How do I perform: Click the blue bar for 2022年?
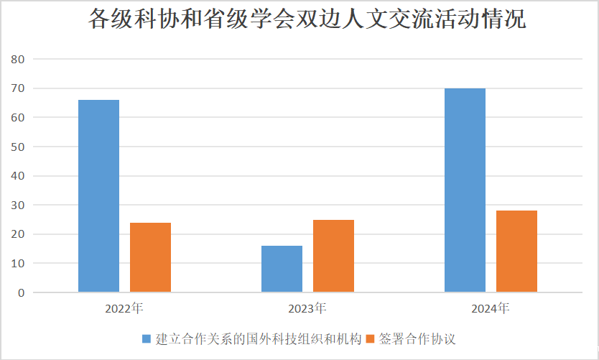click(x=98, y=195)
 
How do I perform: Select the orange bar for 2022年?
click(x=150, y=257)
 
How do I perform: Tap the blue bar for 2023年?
click(x=282, y=269)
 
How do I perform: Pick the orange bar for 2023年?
click(x=333, y=256)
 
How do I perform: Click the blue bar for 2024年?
click(x=465, y=190)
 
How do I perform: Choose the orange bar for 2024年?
click(x=516, y=251)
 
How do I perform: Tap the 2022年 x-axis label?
click(x=124, y=309)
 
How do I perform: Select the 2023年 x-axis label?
click(x=307, y=309)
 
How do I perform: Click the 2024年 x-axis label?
click(x=491, y=309)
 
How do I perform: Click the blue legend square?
click(x=147, y=338)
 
